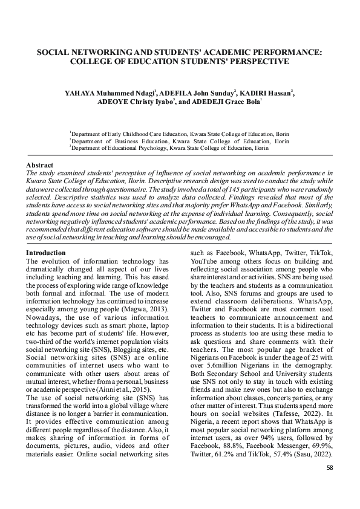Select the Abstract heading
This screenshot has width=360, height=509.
40,165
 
